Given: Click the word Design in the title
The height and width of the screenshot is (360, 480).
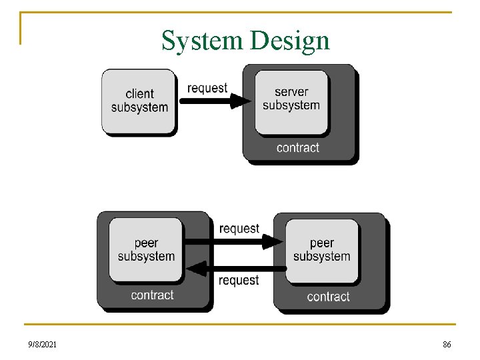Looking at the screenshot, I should click(x=289, y=41).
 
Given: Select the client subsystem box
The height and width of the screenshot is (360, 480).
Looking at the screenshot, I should click(x=139, y=101).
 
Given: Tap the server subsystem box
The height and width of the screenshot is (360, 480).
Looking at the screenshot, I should click(x=291, y=101).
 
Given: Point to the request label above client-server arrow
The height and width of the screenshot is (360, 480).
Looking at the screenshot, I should click(x=207, y=88).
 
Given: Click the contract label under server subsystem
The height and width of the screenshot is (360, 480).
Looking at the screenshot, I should click(x=298, y=147).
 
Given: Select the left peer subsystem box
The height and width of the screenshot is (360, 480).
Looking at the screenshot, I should click(x=146, y=249).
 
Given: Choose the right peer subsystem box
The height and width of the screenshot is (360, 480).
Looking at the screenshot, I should click(x=322, y=249).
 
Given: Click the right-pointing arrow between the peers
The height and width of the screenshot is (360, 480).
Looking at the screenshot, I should click(x=233, y=241).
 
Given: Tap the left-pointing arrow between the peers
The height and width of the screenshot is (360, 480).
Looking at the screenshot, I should click(x=233, y=268).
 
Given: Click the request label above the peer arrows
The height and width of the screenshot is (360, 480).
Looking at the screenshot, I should click(x=239, y=229).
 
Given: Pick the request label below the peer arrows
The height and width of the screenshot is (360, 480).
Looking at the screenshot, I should click(x=239, y=281).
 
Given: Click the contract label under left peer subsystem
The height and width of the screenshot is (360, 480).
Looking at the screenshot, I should click(x=152, y=295).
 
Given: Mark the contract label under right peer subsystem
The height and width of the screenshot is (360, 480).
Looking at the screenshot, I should click(x=328, y=297).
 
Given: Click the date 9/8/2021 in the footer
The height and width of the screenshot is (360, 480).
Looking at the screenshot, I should click(x=42, y=345).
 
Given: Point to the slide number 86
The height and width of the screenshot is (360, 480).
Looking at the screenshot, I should click(x=447, y=345).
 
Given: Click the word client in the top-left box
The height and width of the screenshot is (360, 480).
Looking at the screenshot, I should click(x=139, y=94).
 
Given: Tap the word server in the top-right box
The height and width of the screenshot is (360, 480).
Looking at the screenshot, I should click(x=291, y=92).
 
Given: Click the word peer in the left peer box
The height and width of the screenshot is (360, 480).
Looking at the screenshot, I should click(x=146, y=243).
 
